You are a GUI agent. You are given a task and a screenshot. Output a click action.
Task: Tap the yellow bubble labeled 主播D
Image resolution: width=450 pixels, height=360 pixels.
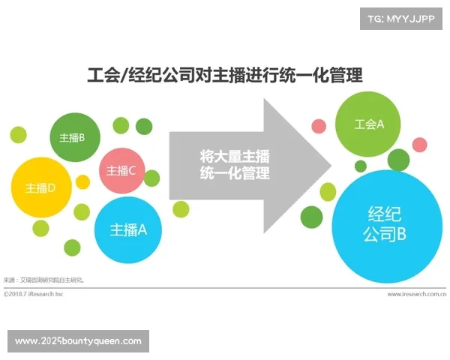(40, 187)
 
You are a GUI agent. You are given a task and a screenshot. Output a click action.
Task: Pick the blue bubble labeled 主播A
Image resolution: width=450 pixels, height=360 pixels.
(129, 229)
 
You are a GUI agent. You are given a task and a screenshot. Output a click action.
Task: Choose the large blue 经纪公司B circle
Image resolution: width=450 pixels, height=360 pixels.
(385, 223)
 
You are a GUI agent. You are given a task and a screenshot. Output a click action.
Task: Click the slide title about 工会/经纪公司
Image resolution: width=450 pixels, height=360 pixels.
(224, 75)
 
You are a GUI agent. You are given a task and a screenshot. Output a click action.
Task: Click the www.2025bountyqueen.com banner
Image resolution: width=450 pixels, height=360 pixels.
(78, 341)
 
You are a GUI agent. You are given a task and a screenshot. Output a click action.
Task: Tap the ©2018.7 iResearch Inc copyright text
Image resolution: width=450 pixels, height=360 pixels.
(34, 294)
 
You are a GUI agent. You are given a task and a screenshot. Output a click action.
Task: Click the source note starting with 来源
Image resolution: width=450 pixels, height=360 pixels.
(45, 280)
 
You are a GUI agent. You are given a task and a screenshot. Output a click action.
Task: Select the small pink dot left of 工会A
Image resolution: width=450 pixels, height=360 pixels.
(319, 125)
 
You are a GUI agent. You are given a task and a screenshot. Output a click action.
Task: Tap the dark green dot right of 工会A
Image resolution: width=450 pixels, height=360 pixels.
(398, 159)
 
